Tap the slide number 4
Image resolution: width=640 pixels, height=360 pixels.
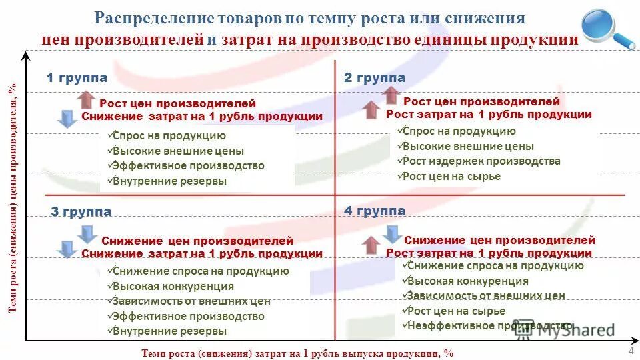pyautogui.click(x=631, y=351)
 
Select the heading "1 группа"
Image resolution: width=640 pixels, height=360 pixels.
pyautogui.click(x=77, y=78)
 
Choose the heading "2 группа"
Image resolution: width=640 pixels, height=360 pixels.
pyautogui.click(x=374, y=78)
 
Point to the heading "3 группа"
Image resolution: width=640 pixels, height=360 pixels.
pyautogui.click(x=81, y=212)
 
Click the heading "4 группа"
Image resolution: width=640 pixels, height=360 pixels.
pyautogui.click(x=374, y=211)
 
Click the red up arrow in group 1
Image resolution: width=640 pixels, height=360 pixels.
pyautogui.click(x=86, y=100)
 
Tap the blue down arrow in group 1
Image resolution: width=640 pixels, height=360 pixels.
pyautogui.click(x=67, y=119)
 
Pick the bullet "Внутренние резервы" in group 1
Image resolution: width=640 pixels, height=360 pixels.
pyautogui.click(x=169, y=181)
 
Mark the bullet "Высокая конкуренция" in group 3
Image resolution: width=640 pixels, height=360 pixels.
pyautogui.click(x=173, y=286)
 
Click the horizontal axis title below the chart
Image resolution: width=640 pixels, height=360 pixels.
pyautogui.click(x=297, y=353)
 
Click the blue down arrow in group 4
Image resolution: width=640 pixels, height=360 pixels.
pyautogui.click(x=392, y=233)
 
